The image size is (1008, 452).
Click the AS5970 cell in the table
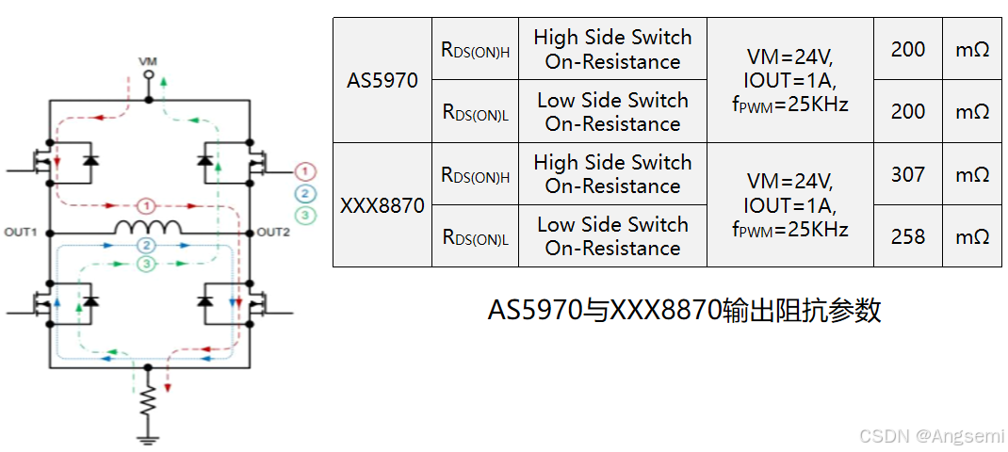coord(382,80)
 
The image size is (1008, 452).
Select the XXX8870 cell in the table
coord(382,204)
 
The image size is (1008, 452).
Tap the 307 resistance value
coord(908,174)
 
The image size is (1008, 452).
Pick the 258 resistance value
coord(908,236)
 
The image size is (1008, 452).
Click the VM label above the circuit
coord(148,61)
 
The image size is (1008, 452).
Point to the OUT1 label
coord(22,233)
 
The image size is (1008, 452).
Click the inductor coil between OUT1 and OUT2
coord(147,227)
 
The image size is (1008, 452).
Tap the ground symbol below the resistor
coord(147,435)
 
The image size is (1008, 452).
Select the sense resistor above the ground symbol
coord(147,402)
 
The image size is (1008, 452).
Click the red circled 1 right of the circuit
coord(304,171)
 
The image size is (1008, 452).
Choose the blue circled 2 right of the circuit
coord(304,193)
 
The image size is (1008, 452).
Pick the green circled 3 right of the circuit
coord(304,215)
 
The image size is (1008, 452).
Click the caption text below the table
coord(684,311)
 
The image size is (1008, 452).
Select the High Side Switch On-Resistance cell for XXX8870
coord(612,174)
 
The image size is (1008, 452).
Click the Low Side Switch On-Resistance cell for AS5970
coord(612,112)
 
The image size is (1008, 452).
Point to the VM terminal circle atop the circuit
coord(148,97)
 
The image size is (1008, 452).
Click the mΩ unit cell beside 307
coord(972,174)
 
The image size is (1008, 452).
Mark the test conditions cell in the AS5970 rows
coord(789,80)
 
